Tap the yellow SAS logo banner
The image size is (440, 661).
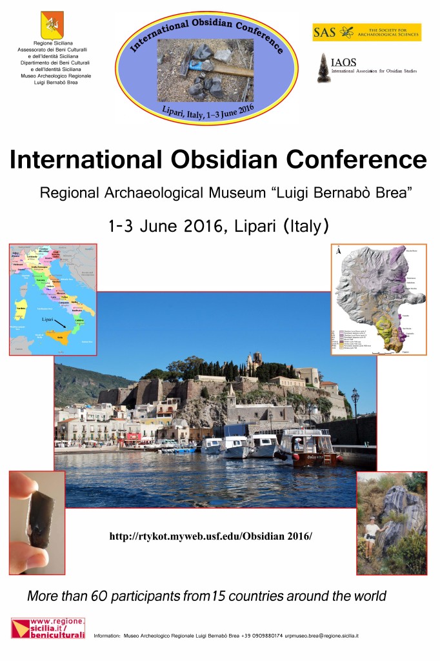(366, 32)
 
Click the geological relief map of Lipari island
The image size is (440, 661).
(379, 298)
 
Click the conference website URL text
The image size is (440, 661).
(210, 536)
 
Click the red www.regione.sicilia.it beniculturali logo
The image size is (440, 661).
(48, 628)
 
